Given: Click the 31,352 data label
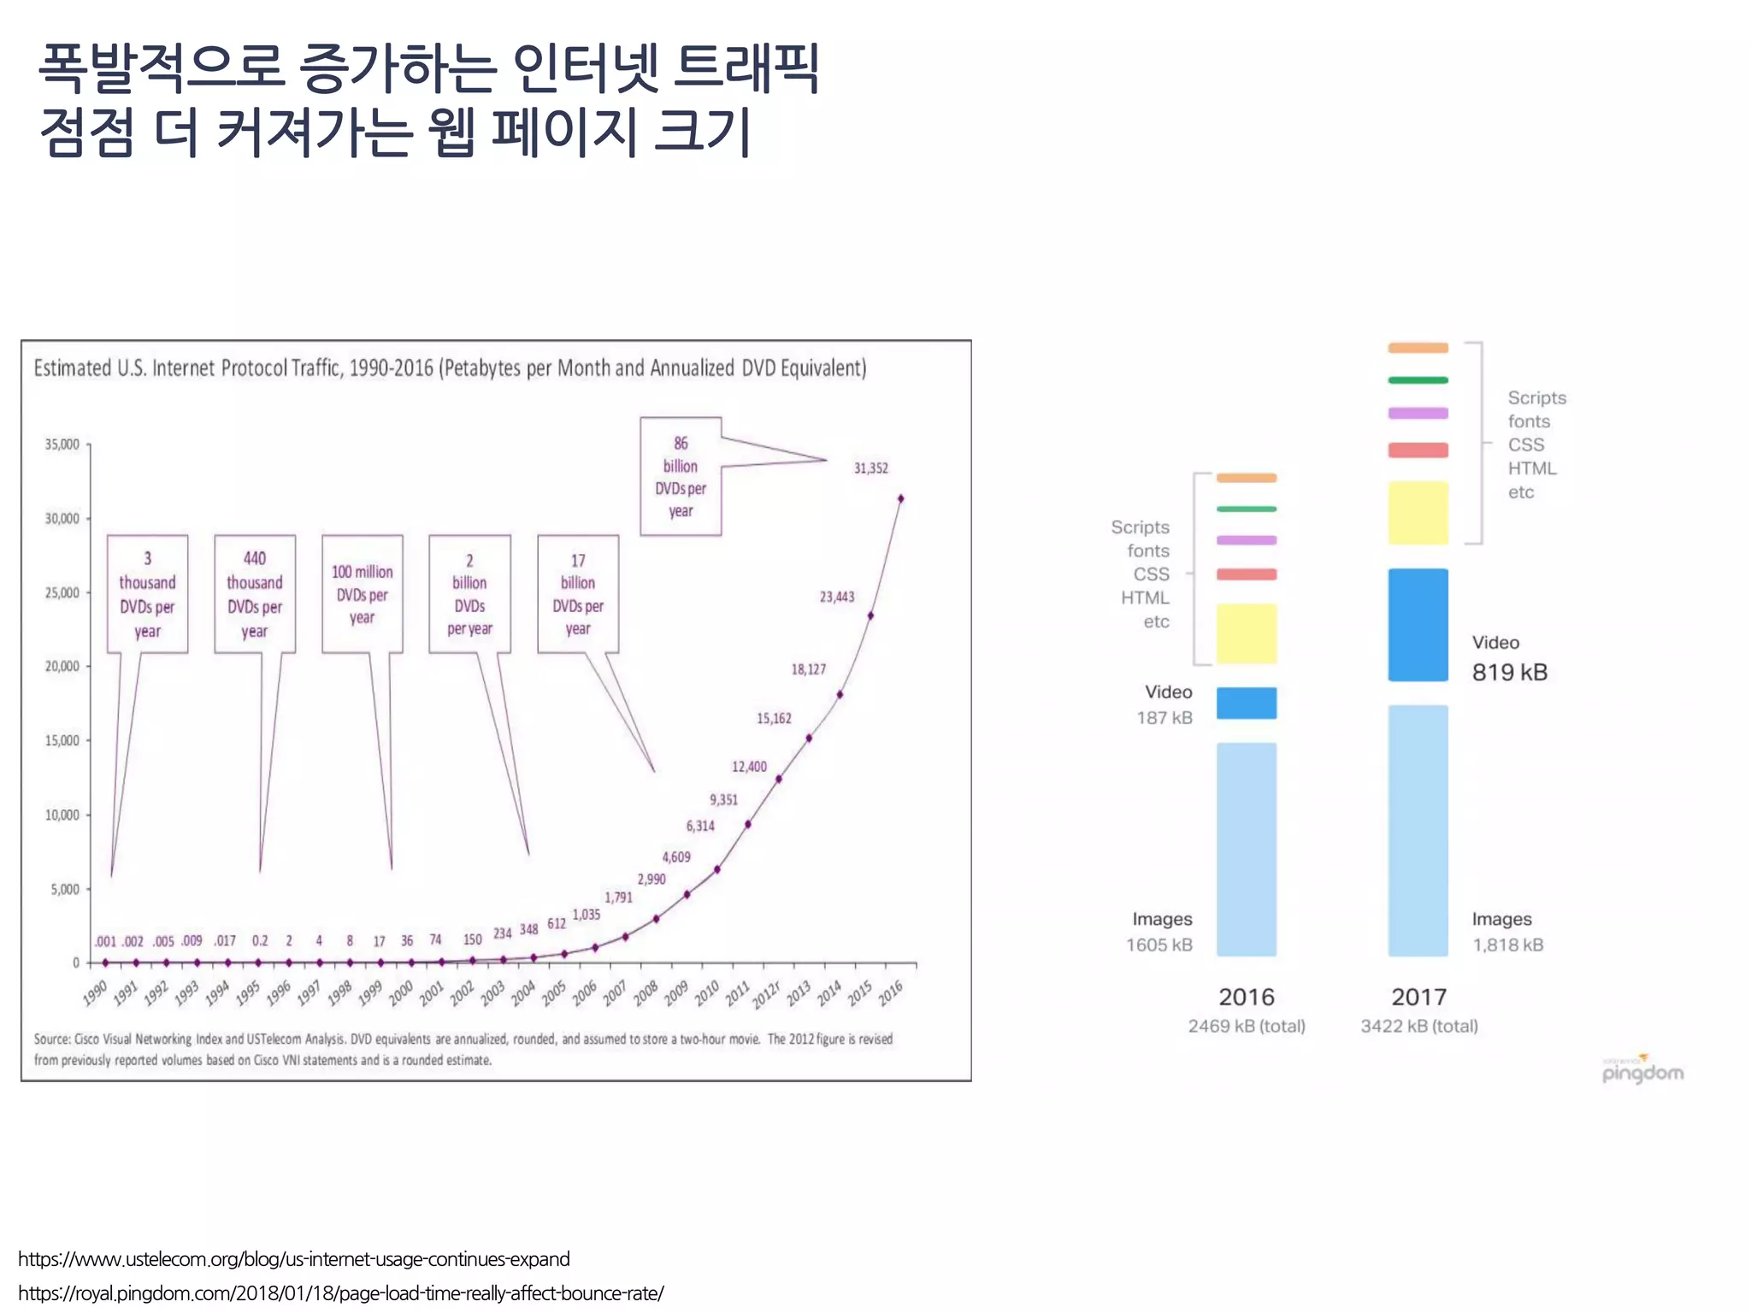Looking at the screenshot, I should click(x=870, y=468).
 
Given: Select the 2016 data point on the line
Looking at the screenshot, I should click(x=900, y=498).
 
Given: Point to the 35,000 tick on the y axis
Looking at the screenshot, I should click(x=62, y=445).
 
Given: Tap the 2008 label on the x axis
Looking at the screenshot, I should click(x=646, y=992).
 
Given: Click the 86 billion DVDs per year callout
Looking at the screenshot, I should click(x=681, y=476).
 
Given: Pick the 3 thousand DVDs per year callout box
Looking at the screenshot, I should click(x=147, y=594).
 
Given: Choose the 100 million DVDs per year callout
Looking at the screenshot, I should click(x=362, y=594).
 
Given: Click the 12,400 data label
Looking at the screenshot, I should click(x=749, y=767).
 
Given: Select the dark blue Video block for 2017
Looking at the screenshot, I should click(x=1418, y=625).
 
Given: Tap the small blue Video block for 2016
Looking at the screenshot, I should click(x=1246, y=703).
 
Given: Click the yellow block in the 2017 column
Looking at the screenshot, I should click(x=1418, y=513).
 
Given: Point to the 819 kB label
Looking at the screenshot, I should click(x=1509, y=673).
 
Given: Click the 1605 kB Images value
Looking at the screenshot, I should click(x=1158, y=945).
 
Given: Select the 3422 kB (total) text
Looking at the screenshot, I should click(x=1418, y=1026).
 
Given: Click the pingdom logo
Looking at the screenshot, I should click(x=1642, y=1071).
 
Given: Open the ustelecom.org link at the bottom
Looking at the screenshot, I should click(x=293, y=1259).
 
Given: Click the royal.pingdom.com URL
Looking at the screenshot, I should click(x=340, y=1293).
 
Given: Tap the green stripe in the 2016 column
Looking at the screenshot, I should click(x=1246, y=509).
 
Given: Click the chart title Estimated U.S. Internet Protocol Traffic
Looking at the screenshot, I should click(x=450, y=368).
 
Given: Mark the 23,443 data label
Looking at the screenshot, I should click(x=836, y=597).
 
